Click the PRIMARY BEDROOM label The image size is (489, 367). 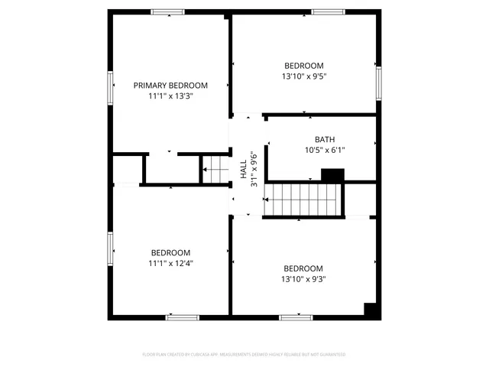coord(170,85)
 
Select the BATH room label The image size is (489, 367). coord(325,139)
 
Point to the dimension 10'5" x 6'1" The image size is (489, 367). coord(325,150)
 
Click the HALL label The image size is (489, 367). coord(243,168)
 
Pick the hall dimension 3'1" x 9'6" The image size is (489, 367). coord(254,168)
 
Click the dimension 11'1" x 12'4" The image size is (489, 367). coord(170,263)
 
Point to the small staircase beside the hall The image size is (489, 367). coord(215,169)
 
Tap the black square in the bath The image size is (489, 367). coord(332,175)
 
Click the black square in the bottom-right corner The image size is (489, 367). coord(371,310)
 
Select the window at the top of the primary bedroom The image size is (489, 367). coord(167,11)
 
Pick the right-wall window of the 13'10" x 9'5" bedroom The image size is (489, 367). coord(377,82)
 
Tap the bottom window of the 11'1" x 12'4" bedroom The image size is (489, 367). coord(183,317)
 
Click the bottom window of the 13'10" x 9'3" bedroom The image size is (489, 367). coord(295,317)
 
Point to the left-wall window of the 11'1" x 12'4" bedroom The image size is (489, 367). coord(111,248)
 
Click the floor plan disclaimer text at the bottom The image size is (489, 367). coord(244,355)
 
